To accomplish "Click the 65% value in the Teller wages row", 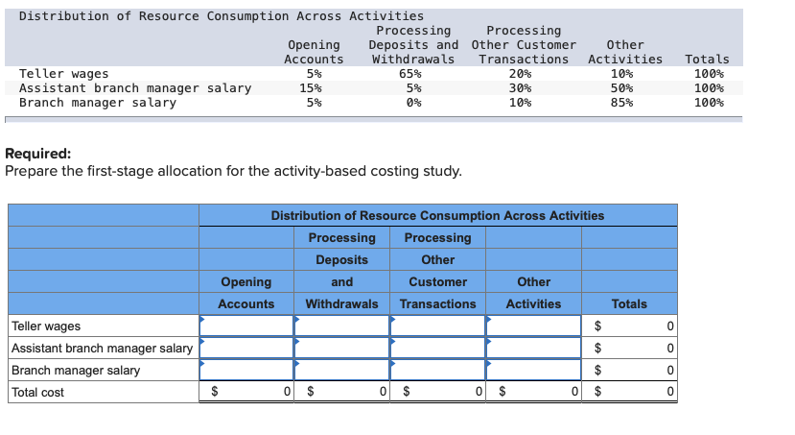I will coord(409,74).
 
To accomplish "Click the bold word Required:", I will coord(37,154).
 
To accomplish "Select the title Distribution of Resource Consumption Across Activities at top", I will coord(221,16).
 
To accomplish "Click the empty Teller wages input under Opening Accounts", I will coord(246,326).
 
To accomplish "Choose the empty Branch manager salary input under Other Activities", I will coord(533,370).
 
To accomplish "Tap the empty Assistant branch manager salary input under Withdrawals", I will coord(341,348).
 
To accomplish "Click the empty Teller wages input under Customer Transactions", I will coord(437,326).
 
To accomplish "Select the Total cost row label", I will coord(38,392).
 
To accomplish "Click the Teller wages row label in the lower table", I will coord(46,326).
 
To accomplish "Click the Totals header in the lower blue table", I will coord(629,303).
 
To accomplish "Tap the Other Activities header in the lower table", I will coord(533,293).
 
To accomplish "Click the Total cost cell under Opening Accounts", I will coord(246,392).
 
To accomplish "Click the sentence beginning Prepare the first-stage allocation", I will coord(233,171).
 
